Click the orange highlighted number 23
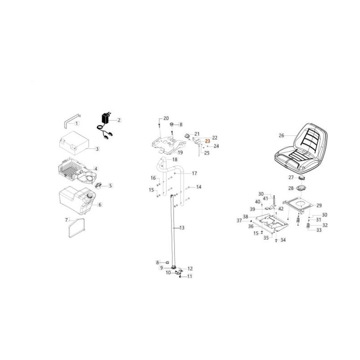207,141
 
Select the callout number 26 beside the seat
282,135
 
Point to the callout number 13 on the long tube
182,228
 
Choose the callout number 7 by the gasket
67,220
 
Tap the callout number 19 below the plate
180,153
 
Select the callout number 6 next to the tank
100,205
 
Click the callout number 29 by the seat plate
319,206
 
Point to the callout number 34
283,240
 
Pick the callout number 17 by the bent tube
194,173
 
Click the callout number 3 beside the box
97,149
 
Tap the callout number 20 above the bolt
166,118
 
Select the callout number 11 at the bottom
189,276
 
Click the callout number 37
239,220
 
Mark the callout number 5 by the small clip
110,185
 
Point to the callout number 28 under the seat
291,188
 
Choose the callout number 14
198,187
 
